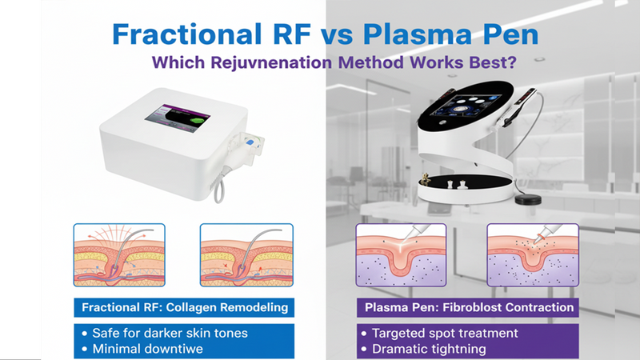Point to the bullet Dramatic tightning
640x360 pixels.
pos(432,348)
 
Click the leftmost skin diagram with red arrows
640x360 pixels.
pos(119,254)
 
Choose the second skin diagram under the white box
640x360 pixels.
pos(245,254)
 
